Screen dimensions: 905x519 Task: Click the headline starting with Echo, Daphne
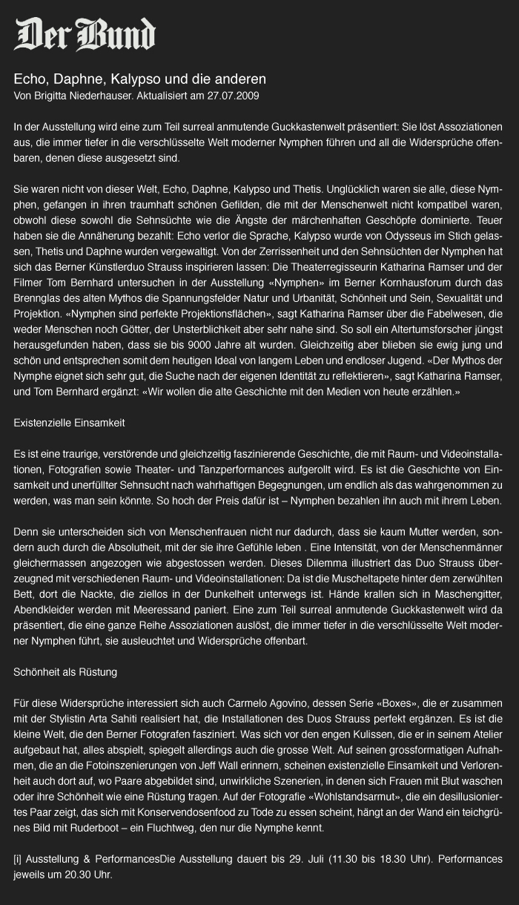point(140,79)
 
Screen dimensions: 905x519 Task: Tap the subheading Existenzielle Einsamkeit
point(69,423)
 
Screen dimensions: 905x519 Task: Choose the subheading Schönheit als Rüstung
point(65,672)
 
